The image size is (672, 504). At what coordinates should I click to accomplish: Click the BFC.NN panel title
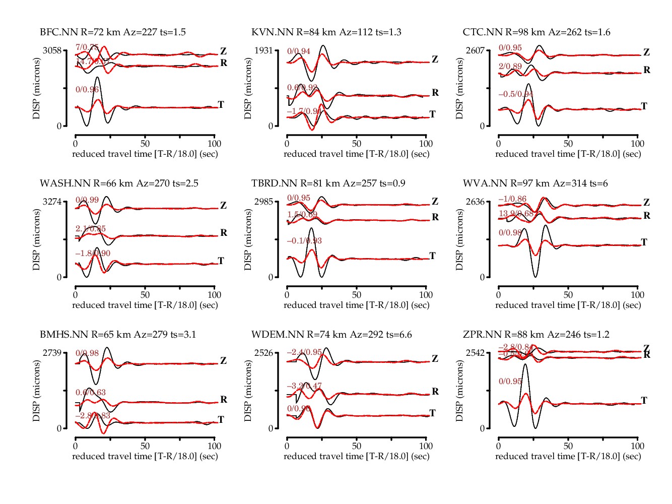pyautogui.click(x=113, y=32)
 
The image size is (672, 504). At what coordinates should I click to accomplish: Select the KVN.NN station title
pyautogui.click(x=326, y=32)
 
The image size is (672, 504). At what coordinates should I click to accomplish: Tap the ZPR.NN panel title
pyautogui.click(x=536, y=335)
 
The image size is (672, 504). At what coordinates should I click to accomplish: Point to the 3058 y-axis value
pyautogui.click(x=52, y=50)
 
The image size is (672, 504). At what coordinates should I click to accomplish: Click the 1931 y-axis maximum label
pyautogui.click(x=263, y=50)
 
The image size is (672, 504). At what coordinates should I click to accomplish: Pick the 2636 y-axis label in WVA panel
pyautogui.click(x=475, y=202)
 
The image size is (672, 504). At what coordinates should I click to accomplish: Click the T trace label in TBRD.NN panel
pyautogui.click(x=432, y=256)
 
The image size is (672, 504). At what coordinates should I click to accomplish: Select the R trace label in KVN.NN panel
pyautogui.click(x=435, y=93)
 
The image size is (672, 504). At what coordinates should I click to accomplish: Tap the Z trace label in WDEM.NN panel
pyautogui.click(x=435, y=359)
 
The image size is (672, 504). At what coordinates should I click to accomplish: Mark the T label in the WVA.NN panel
pyautogui.click(x=644, y=242)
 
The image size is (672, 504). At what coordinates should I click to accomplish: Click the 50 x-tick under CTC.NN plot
pyautogui.click(x=568, y=144)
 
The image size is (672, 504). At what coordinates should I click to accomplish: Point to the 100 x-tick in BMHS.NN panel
pyautogui.click(x=215, y=446)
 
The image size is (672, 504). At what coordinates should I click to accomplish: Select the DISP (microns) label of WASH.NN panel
pyautogui.click(x=36, y=239)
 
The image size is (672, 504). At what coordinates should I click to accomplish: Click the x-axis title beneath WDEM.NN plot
pyautogui.click(x=357, y=456)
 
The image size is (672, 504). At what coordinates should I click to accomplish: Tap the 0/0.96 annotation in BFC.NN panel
pyautogui.click(x=87, y=90)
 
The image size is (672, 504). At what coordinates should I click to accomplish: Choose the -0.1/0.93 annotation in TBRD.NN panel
pyautogui.click(x=304, y=241)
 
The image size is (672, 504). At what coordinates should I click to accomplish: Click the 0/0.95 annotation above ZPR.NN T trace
pyautogui.click(x=510, y=382)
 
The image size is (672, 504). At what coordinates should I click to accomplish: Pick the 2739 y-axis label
pyautogui.click(x=52, y=353)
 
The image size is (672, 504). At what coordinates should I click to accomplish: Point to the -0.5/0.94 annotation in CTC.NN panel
pyautogui.click(x=516, y=94)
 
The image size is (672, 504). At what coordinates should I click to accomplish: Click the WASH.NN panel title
pyautogui.click(x=119, y=183)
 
